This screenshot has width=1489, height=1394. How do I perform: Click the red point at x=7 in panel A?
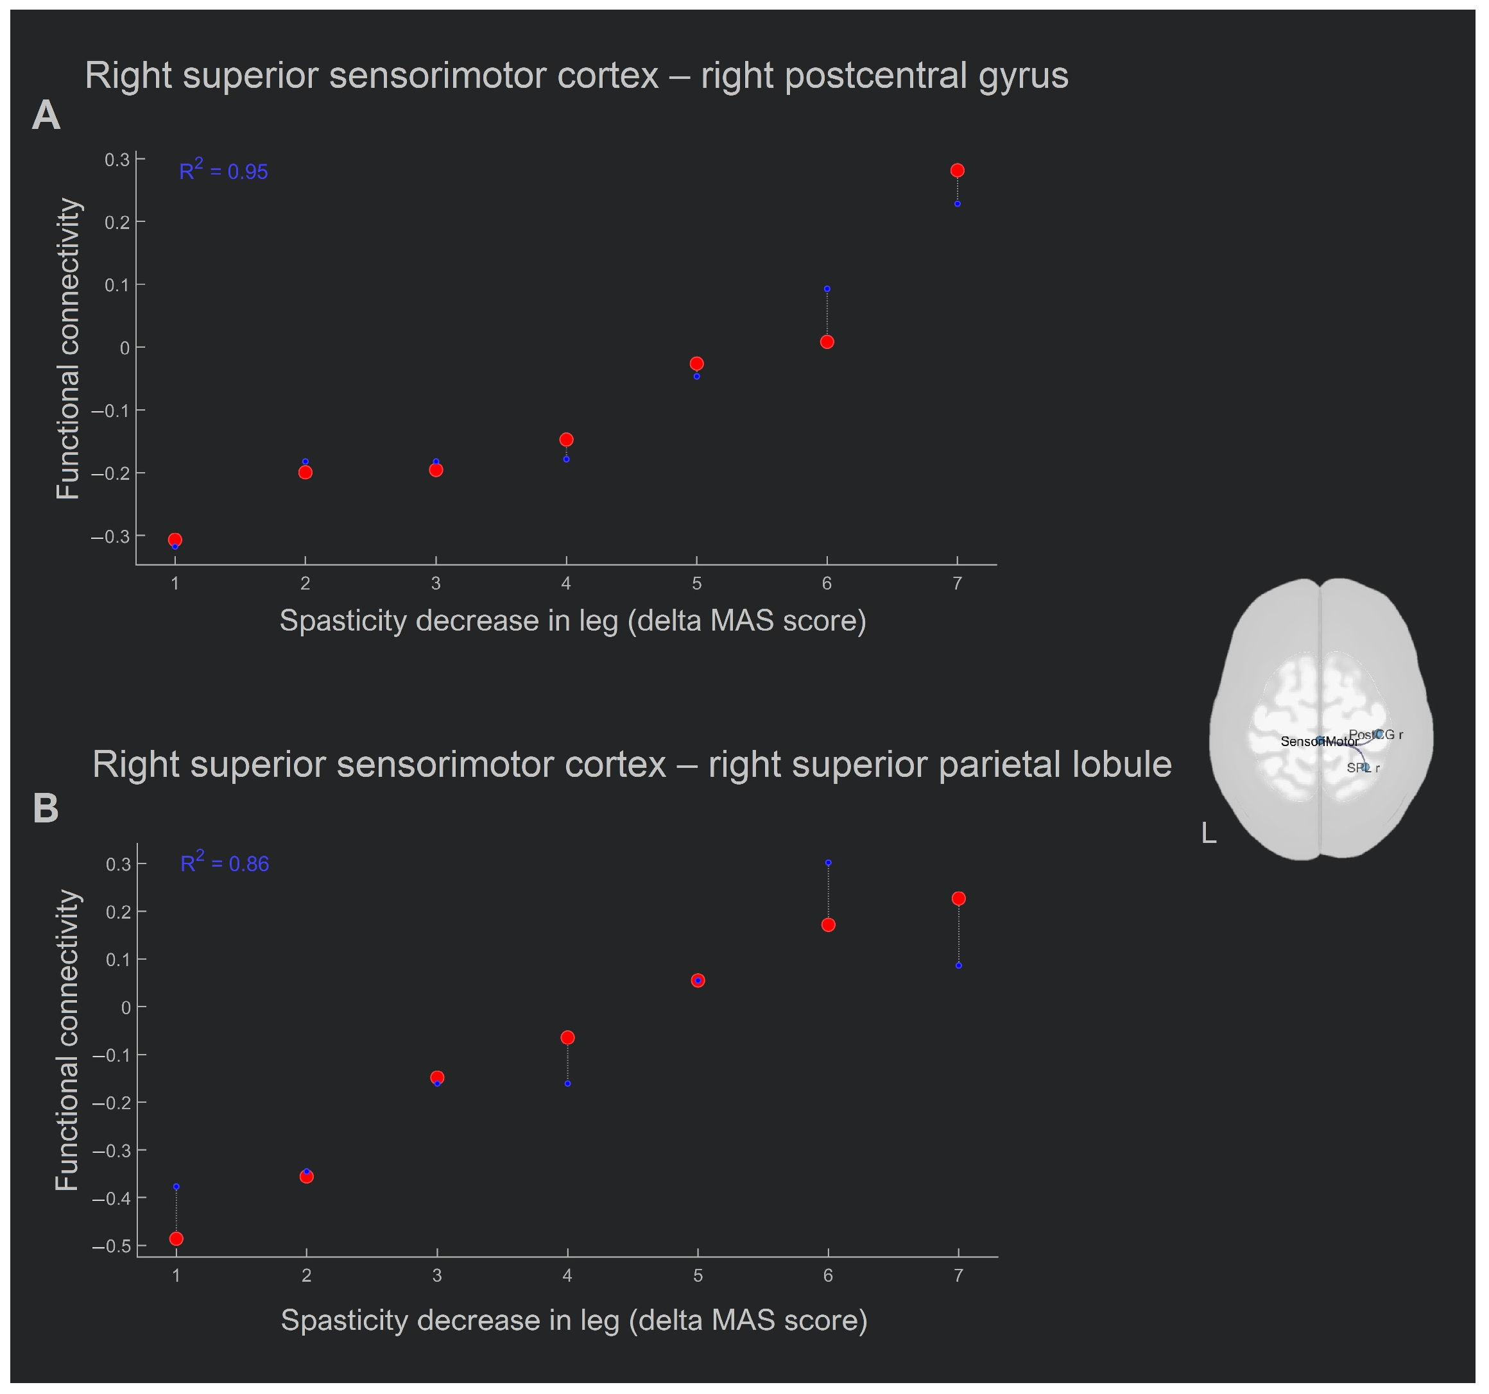tap(957, 171)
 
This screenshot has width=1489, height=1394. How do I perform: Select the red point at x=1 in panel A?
tap(175, 540)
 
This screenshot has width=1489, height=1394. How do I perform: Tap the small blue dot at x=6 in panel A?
tap(827, 289)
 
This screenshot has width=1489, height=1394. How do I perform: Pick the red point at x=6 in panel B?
tap(829, 925)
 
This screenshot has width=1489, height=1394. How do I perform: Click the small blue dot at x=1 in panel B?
tap(176, 1187)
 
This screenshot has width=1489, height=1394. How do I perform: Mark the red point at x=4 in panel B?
tap(568, 1037)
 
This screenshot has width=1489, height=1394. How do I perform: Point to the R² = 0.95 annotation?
tap(223, 171)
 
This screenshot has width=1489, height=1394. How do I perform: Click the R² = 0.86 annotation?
tap(225, 863)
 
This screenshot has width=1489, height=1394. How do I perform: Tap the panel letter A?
tap(46, 116)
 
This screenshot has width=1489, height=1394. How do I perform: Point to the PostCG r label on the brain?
tap(1376, 735)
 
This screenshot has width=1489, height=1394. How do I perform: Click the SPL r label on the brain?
tap(1363, 767)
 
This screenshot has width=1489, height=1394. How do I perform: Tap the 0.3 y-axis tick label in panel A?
tap(117, 160)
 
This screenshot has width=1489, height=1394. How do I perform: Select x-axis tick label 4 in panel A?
tap(566, 584)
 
